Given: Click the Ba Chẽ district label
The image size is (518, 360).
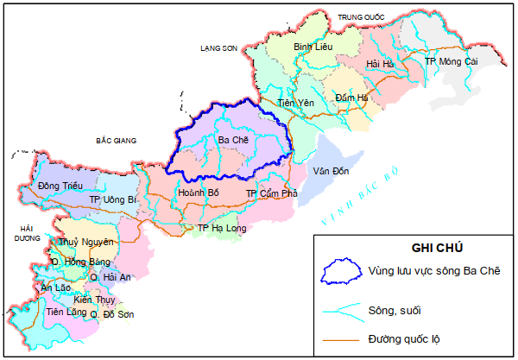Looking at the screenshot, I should (232, 140).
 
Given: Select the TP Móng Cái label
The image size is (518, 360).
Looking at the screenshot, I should (451, 62).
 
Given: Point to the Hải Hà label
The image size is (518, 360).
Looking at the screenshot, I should (380, 65).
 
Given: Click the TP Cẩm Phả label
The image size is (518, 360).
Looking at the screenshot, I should (271, 193).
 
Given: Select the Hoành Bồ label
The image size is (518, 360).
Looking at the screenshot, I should (197, 193).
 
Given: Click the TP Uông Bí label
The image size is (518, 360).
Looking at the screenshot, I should (113, 199).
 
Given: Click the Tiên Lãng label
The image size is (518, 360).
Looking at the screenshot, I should (66, 311).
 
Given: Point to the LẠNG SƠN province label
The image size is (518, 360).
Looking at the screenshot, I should (217, 49).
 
